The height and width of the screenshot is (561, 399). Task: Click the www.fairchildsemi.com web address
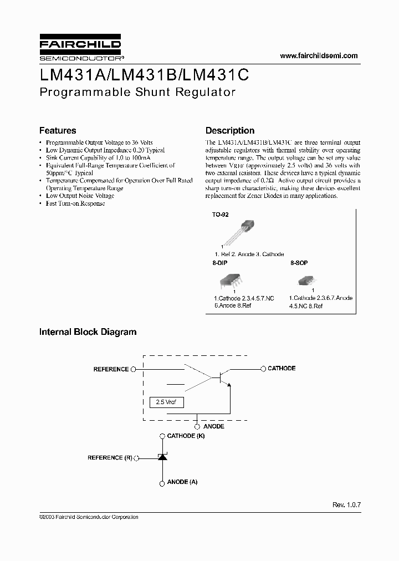point(319,55)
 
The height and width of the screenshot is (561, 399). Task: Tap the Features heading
point(58,131)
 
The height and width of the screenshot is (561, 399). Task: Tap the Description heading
point(230,131)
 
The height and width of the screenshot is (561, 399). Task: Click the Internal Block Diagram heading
point(88,332)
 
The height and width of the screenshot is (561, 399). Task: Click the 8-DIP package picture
point(233,280)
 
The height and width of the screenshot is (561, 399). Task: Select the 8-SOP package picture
point(312,280)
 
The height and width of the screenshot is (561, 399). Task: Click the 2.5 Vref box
point(167,402)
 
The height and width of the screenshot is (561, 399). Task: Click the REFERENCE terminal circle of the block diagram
point(133,369)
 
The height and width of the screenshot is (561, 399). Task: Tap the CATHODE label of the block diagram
point(282,368)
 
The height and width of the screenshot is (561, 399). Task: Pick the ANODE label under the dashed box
point(213,426)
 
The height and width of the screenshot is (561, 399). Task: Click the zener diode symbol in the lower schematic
point(162,458)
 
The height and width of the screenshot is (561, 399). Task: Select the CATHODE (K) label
point(186,436)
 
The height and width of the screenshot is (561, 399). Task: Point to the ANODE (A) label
point(182,482)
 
